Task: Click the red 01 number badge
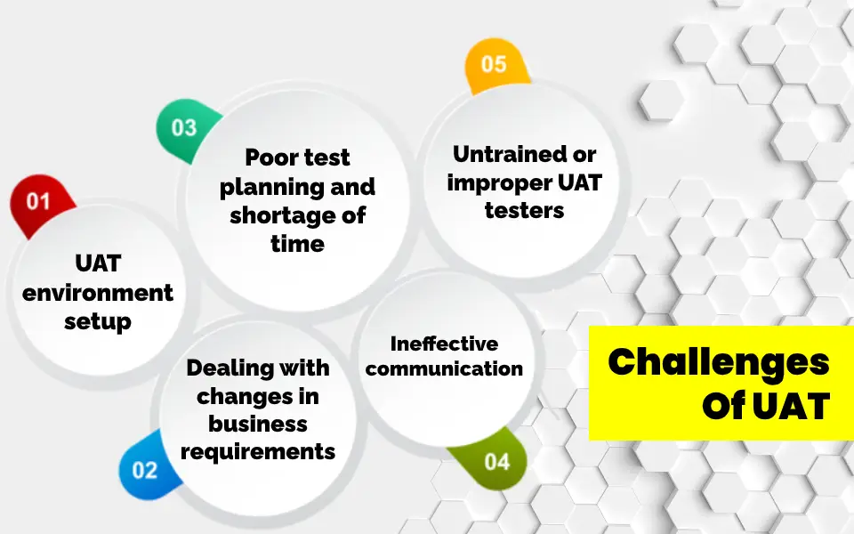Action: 37,202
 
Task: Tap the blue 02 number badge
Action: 144,470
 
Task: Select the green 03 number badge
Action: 184,127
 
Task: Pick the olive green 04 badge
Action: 496,462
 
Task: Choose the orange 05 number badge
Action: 494,65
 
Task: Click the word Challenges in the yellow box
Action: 719,363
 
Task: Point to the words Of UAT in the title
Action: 765,407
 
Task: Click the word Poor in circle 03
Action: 270,158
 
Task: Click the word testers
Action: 525,211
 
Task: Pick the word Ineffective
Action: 444,344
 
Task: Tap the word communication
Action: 444,368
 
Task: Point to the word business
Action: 258,424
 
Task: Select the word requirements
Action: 258,451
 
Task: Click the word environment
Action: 98,293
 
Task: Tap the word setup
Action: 98,321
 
